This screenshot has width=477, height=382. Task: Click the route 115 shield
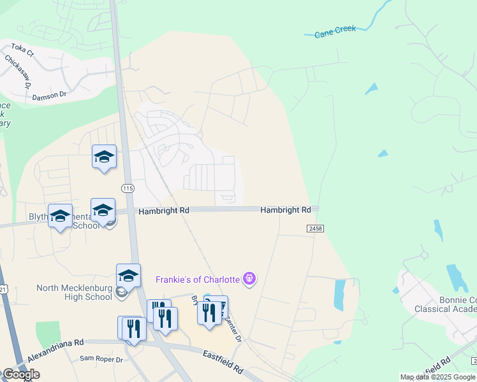pos(128,188)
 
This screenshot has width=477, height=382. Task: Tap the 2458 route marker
pos(314,228)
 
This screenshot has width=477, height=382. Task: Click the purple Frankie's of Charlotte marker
pos(249,278)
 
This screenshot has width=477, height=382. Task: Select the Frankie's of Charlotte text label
pos(198,279)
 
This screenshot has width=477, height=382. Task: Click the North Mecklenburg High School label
pos(74,292)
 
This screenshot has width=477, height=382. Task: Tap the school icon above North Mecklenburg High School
pos(128,276)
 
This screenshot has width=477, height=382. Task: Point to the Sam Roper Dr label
pos(101,358)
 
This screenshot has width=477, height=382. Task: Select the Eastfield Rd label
pos(223,361)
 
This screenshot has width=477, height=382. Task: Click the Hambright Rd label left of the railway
pos(164,209)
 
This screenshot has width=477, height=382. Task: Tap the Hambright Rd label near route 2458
pos(285,209)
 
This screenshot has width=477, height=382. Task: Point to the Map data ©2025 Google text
pos(437,377)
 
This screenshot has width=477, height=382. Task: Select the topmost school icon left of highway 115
pos(104,157)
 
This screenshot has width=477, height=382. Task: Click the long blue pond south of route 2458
pos(339,295)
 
